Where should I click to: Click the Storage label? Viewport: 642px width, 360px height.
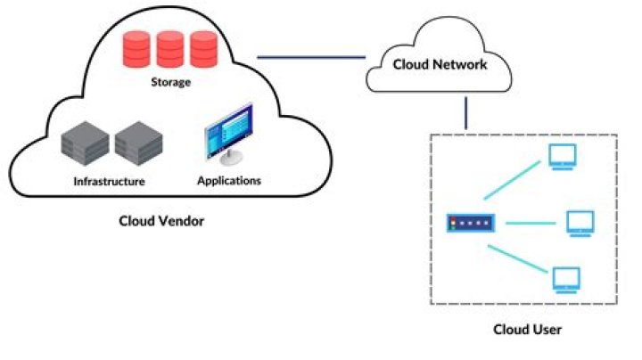point(170,82)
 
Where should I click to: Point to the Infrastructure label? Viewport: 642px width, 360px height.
point(109,181)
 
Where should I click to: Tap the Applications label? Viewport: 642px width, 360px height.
point(228,180)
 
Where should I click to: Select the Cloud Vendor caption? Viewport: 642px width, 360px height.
point(161,220)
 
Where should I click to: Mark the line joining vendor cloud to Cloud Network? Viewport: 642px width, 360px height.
point(311,58)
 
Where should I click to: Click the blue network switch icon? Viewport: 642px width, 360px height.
point(469,223)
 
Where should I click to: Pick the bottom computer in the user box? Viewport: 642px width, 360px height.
point(565,280)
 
